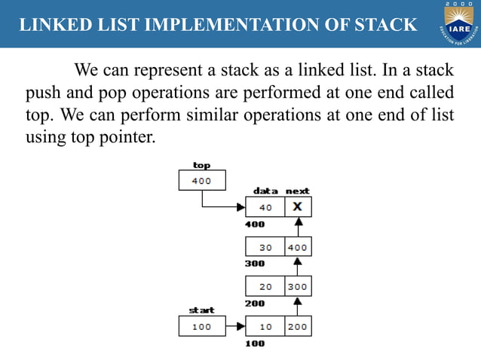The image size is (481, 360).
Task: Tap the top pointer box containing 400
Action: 201,181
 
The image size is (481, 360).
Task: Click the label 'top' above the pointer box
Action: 201,165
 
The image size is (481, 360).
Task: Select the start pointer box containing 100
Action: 201,327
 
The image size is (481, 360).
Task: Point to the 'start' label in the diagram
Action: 201,310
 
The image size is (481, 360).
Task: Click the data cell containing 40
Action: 265,207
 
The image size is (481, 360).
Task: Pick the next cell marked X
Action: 298,207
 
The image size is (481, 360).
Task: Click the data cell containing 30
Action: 265,247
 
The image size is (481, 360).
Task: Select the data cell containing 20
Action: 265,287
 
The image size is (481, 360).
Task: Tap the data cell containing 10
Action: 265,327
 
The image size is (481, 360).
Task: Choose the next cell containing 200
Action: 298,327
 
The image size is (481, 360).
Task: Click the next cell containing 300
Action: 298,287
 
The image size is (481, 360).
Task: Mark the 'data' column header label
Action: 265,191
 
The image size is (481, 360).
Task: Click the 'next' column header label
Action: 298,191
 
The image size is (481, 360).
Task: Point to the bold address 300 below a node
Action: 255,264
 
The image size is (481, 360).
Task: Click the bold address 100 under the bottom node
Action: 255,343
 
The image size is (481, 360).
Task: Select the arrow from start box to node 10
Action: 235,327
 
